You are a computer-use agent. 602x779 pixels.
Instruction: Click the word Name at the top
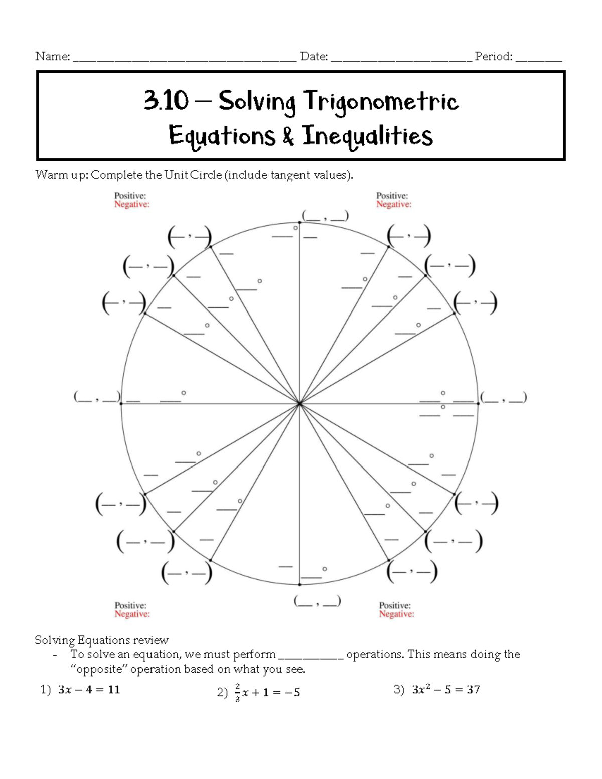[52, 56]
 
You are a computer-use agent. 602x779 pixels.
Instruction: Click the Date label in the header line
[314, 56]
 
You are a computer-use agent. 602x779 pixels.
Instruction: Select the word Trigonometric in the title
[381, 102]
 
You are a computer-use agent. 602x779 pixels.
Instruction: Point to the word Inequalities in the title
[367, 136]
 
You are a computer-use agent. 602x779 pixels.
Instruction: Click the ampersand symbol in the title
[288, 136]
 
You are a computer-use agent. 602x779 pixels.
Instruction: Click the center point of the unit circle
[299, 403]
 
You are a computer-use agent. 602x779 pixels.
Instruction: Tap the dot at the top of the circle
[299, 222]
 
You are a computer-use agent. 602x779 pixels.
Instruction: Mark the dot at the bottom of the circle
[299, 584]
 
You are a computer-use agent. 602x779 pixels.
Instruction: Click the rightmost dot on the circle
[479, 403]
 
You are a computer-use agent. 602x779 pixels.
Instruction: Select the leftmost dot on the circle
[121, 403]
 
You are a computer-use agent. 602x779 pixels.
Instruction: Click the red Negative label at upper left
[132, 204]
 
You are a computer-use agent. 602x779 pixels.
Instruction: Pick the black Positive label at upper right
[392, 196]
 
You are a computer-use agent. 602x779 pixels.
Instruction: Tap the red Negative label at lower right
[396, 614]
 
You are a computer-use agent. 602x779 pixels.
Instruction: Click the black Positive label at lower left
[130, 605]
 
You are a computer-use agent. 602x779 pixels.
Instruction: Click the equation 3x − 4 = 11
[89, 690]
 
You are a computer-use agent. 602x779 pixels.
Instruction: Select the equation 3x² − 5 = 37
[445, 690]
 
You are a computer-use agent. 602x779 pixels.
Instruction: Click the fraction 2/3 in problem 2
[237, 692]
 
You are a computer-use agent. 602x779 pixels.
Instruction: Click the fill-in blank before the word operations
[311, 655]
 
